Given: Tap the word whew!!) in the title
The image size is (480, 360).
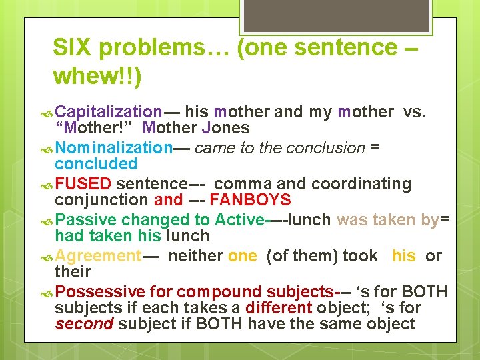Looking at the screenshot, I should (97, 77).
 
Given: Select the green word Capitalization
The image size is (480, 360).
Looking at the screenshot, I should (109, 112).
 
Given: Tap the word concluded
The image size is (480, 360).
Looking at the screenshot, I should (96, 164).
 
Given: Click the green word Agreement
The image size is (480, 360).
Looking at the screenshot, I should (98, 255).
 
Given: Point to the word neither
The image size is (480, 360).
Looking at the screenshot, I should (195, 255).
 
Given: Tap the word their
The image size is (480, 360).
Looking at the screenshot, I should (73, 272).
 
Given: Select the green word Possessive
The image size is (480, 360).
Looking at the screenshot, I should (100, 291).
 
